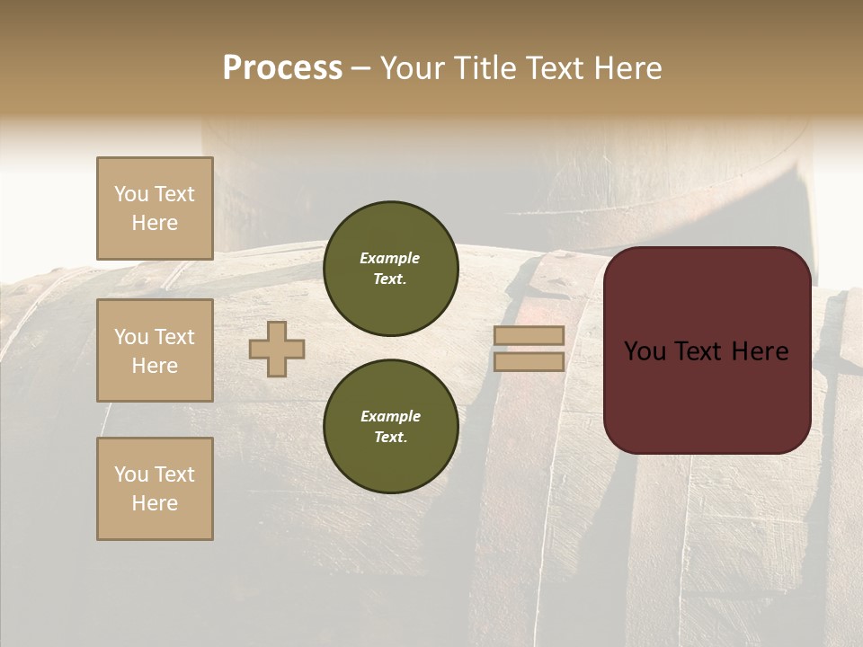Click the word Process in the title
282,68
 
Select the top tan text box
155,208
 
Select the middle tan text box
155,350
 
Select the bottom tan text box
155,489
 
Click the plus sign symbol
277,349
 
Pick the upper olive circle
390,269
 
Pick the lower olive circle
390,427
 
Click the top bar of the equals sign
529,335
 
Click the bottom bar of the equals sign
529,362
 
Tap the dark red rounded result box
707,395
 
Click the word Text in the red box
706,351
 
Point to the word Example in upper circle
390,258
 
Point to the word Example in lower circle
390,416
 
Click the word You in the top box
131,194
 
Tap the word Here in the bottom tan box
155,503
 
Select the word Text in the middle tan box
173,337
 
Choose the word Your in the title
414,68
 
